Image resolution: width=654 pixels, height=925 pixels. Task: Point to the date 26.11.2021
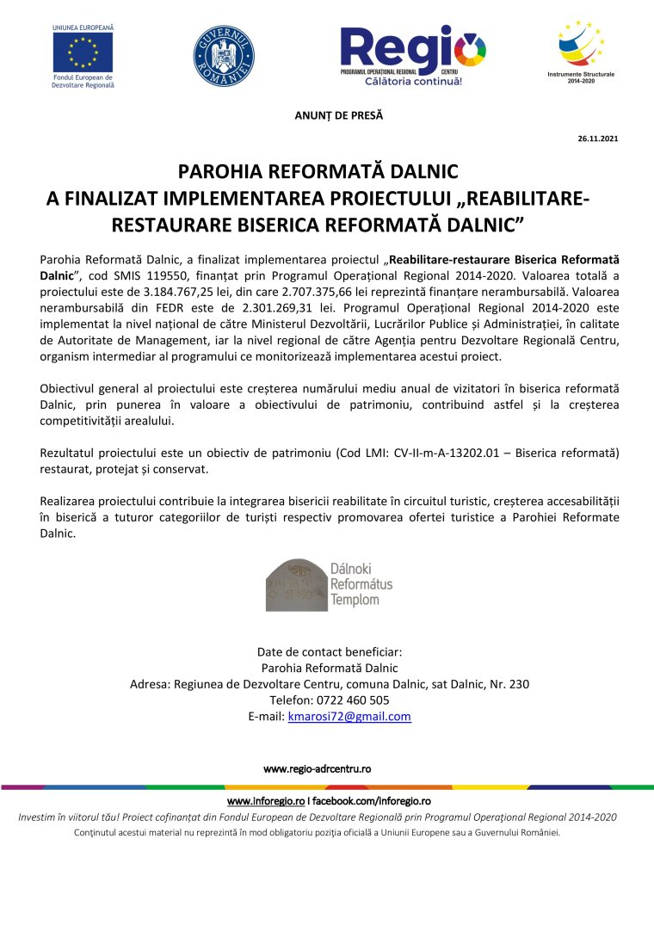tap(597, 139)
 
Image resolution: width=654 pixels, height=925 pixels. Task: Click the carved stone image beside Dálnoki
tap(295, 584)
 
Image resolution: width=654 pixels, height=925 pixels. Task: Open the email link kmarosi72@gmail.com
tap(349, 716)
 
